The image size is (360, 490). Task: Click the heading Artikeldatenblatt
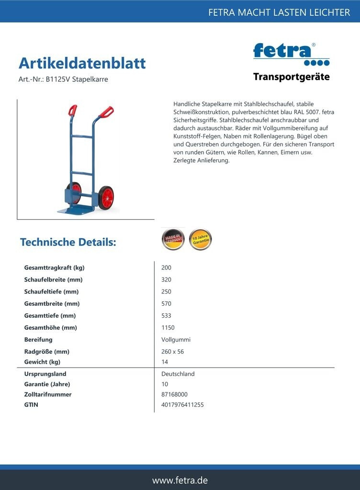coord(82,63)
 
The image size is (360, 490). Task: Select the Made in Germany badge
coord(173,239)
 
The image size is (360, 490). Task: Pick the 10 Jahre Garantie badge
coord(200,239)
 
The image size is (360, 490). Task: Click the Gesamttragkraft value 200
coord(166,267)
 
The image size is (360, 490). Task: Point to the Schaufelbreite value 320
coord(166,279)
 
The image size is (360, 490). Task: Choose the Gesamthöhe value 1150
coord(168,328)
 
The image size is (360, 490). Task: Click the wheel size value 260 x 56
coord(172,351)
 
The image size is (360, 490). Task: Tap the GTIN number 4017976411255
coord(182,405)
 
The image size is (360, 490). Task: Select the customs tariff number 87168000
coord(174,394)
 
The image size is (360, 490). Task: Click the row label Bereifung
coord(38,340)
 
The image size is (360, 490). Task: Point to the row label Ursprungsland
coord(45,374)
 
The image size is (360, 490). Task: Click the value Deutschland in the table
coord(178,374)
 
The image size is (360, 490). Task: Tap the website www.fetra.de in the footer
coord(180,480)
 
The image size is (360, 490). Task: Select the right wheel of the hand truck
coord(106,198)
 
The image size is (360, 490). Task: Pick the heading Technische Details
coord(68,242)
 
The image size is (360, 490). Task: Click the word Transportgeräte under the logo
coord(291,77)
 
